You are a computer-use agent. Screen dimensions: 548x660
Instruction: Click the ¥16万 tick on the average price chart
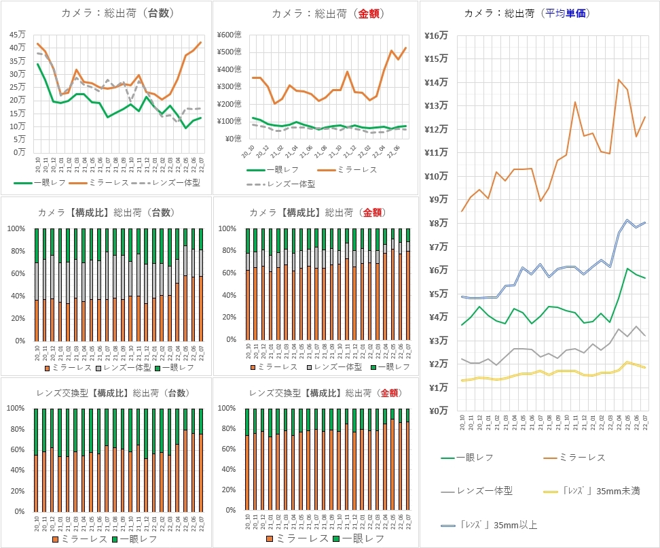click(x=435, y=35)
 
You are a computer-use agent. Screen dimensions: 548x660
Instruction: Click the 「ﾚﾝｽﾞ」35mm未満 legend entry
click(x=595, y=491)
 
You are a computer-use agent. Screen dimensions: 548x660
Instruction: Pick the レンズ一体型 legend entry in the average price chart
click(x=483, y=491)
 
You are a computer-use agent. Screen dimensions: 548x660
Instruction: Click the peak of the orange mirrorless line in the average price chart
click(x=619, y=80)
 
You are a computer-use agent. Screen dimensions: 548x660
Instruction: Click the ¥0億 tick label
click(x=240, y=139)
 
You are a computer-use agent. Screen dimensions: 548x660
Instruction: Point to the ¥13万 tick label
click(x=435, y=105)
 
